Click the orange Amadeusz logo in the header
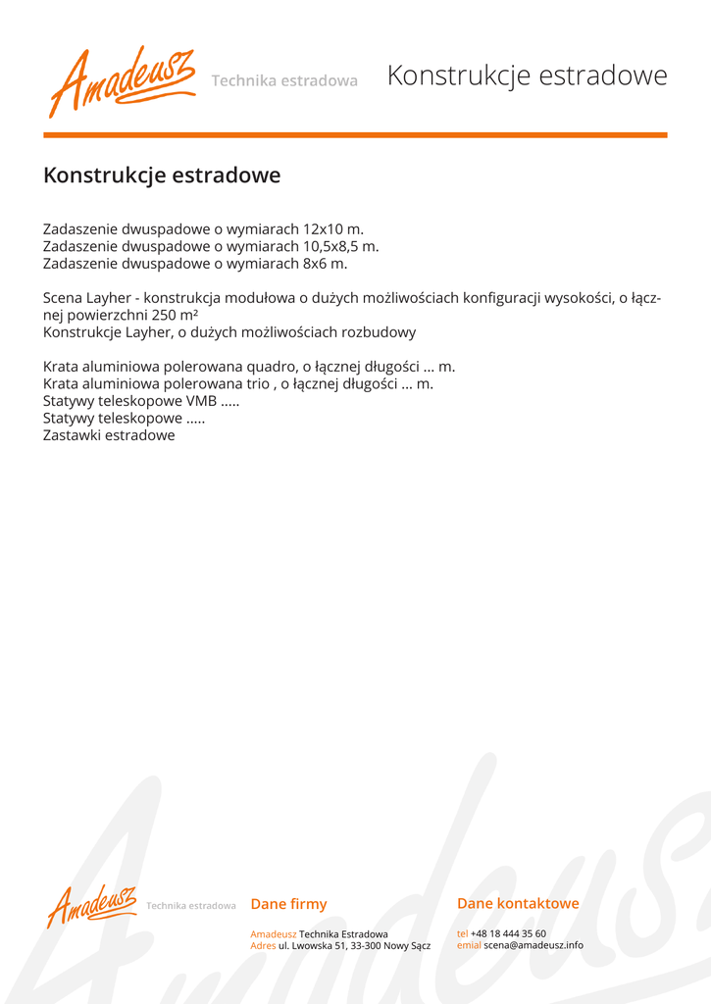122,79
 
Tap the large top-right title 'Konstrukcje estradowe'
527,75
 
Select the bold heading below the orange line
162,176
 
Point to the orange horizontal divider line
355,134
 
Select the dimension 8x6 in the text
315,263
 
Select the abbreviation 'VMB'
201,401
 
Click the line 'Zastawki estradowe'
109,435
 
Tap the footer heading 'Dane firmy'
288,904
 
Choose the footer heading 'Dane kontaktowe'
518,903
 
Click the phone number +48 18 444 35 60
508,933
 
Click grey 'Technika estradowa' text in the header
284,80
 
